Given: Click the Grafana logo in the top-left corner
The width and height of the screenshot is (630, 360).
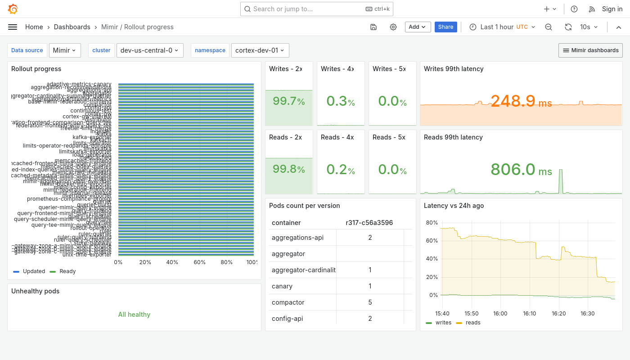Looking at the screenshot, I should [13, 9].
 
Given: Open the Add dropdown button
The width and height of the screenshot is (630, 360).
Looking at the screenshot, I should [418, 27].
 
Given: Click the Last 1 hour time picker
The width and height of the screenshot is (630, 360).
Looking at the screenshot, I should [502, 27].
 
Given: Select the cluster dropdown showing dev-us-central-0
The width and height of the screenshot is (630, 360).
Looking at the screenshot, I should [149, 50].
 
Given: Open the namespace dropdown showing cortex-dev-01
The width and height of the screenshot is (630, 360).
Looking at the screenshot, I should [260, 50].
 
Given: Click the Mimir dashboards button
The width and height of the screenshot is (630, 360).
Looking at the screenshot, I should [590, 50].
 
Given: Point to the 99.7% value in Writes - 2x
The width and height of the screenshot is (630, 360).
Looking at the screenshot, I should [288, 101].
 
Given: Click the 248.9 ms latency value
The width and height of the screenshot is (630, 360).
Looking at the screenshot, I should [521, 101].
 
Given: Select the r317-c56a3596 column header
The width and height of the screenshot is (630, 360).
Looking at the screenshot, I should [369, 223].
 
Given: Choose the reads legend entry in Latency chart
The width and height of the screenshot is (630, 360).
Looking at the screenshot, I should [473, 323].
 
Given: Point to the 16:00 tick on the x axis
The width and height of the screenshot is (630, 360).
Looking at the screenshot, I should [500, 314].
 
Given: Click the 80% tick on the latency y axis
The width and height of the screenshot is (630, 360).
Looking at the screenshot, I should [432, 223].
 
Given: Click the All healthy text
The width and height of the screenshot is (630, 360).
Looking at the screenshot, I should [134, 315].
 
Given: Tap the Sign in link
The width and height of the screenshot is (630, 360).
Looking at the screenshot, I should [612, 9].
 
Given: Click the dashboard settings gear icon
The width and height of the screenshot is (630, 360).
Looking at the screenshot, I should [393, 27].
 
